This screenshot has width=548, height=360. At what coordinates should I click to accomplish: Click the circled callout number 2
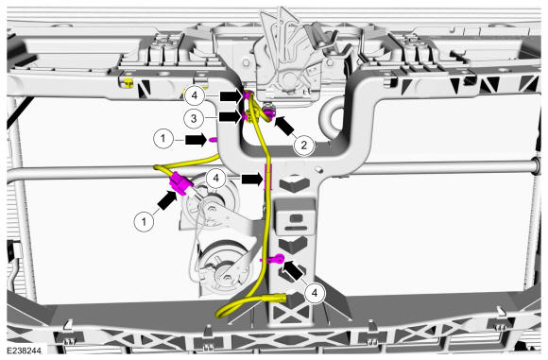click(x=303, y=145)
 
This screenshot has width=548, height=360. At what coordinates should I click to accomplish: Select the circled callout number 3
click(x=194, y=118)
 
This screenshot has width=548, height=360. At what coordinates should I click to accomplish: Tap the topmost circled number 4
click(x=195, y=95)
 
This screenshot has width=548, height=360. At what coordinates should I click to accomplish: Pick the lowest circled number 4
click(x=315, y=293)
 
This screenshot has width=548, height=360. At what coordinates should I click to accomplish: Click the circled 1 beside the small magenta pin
click(x=163, y=139)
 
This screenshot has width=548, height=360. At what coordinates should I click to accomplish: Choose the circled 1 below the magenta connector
click(x=144, y=221)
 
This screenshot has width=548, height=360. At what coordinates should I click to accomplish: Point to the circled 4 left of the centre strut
click(x=216, y=179)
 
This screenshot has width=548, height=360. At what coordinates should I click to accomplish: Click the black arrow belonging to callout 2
click(x=284, y=126)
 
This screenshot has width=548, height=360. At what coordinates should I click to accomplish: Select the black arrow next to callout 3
click(x=230, y=116)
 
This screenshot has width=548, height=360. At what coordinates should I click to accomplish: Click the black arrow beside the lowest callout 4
click(x=293, y=270)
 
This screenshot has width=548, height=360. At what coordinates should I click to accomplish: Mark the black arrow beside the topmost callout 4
click(x=231, y=95)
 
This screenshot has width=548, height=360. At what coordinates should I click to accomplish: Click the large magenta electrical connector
click(x=180, y=184)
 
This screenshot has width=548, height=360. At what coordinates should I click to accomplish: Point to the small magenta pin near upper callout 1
click(x=213, y=140)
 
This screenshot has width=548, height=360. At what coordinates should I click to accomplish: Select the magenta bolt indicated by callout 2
click(x=269, y=112)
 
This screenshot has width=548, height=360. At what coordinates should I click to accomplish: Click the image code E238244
click(x=24, y=351)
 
